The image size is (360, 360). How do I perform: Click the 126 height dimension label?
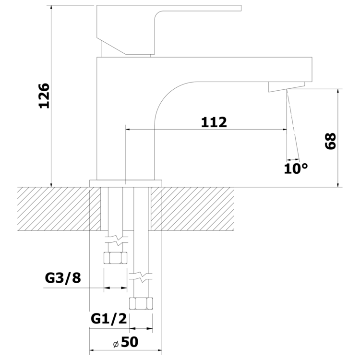point(44,96)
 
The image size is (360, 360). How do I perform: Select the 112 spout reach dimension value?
point(214,122)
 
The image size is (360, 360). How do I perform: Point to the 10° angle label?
point(296,168)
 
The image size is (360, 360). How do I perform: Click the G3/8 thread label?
point(63,277)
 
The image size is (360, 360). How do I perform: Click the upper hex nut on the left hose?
point(115,258)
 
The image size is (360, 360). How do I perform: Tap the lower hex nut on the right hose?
point(141,303)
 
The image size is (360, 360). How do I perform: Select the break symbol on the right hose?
point(141,277)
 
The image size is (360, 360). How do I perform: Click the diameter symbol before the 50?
point(115,344)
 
